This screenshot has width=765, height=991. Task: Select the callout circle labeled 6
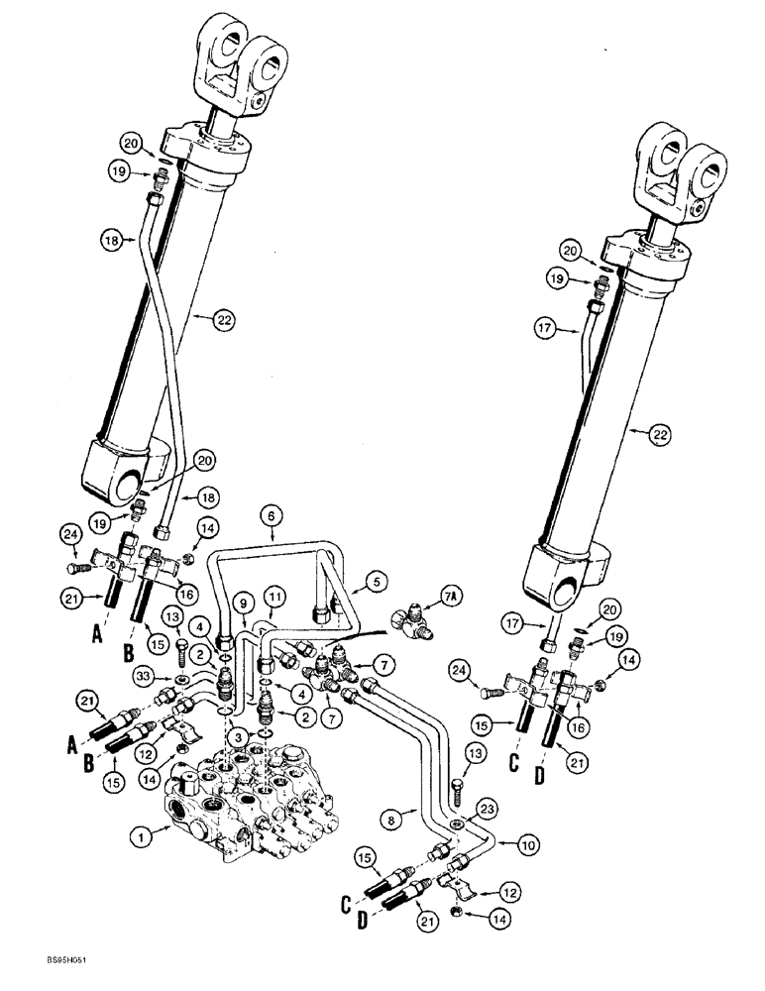[272, 513]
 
